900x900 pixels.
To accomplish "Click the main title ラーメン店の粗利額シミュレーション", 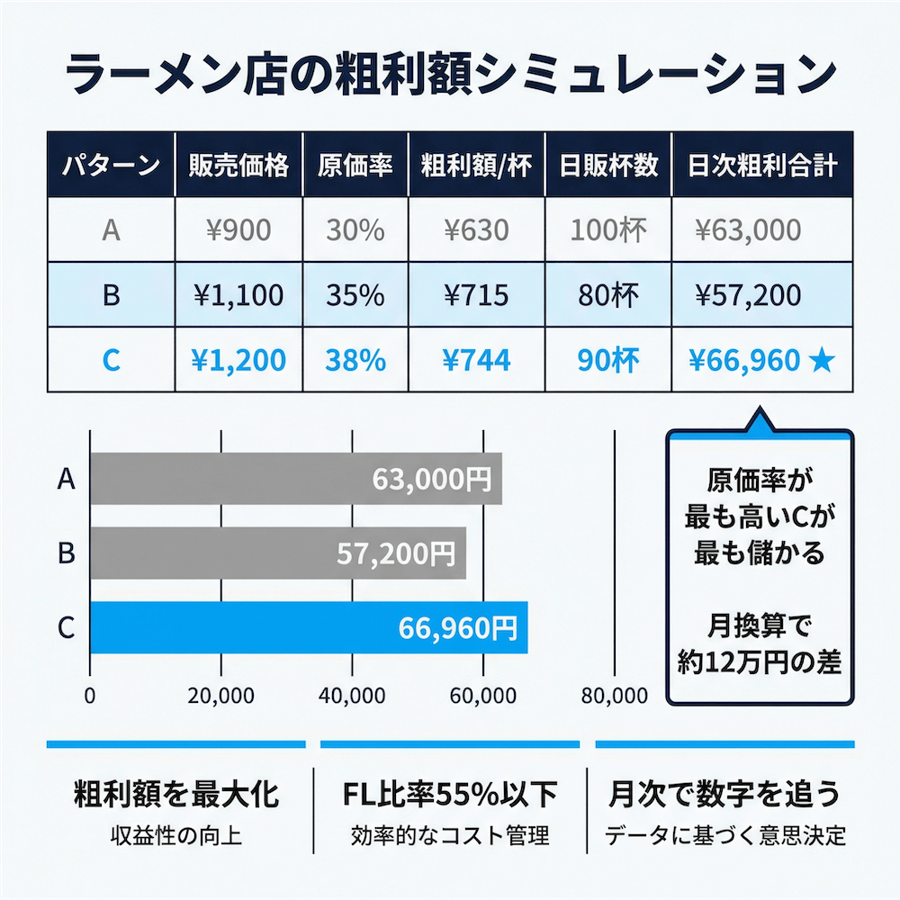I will pos(449,75).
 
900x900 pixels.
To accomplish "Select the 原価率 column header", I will pos(355,166).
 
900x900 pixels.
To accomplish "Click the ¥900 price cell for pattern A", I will pos(239,230).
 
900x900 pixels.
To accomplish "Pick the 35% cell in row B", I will pos(355,295).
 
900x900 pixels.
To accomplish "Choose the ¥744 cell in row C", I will pos(476,360).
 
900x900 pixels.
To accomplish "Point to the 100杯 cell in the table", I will pos(607,230).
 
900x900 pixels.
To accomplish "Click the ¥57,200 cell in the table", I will pos(747,295).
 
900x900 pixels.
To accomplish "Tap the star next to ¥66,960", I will pos(822,360).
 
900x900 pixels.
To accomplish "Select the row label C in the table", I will pos(111,360).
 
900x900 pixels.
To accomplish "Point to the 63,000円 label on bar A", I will pos(432,479).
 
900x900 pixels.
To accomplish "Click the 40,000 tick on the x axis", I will pos(352,696).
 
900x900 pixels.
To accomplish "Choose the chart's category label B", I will pos(66,553).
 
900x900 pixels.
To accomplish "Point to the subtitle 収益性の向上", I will pos(175,835).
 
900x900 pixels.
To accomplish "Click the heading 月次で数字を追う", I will pos(724,795).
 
